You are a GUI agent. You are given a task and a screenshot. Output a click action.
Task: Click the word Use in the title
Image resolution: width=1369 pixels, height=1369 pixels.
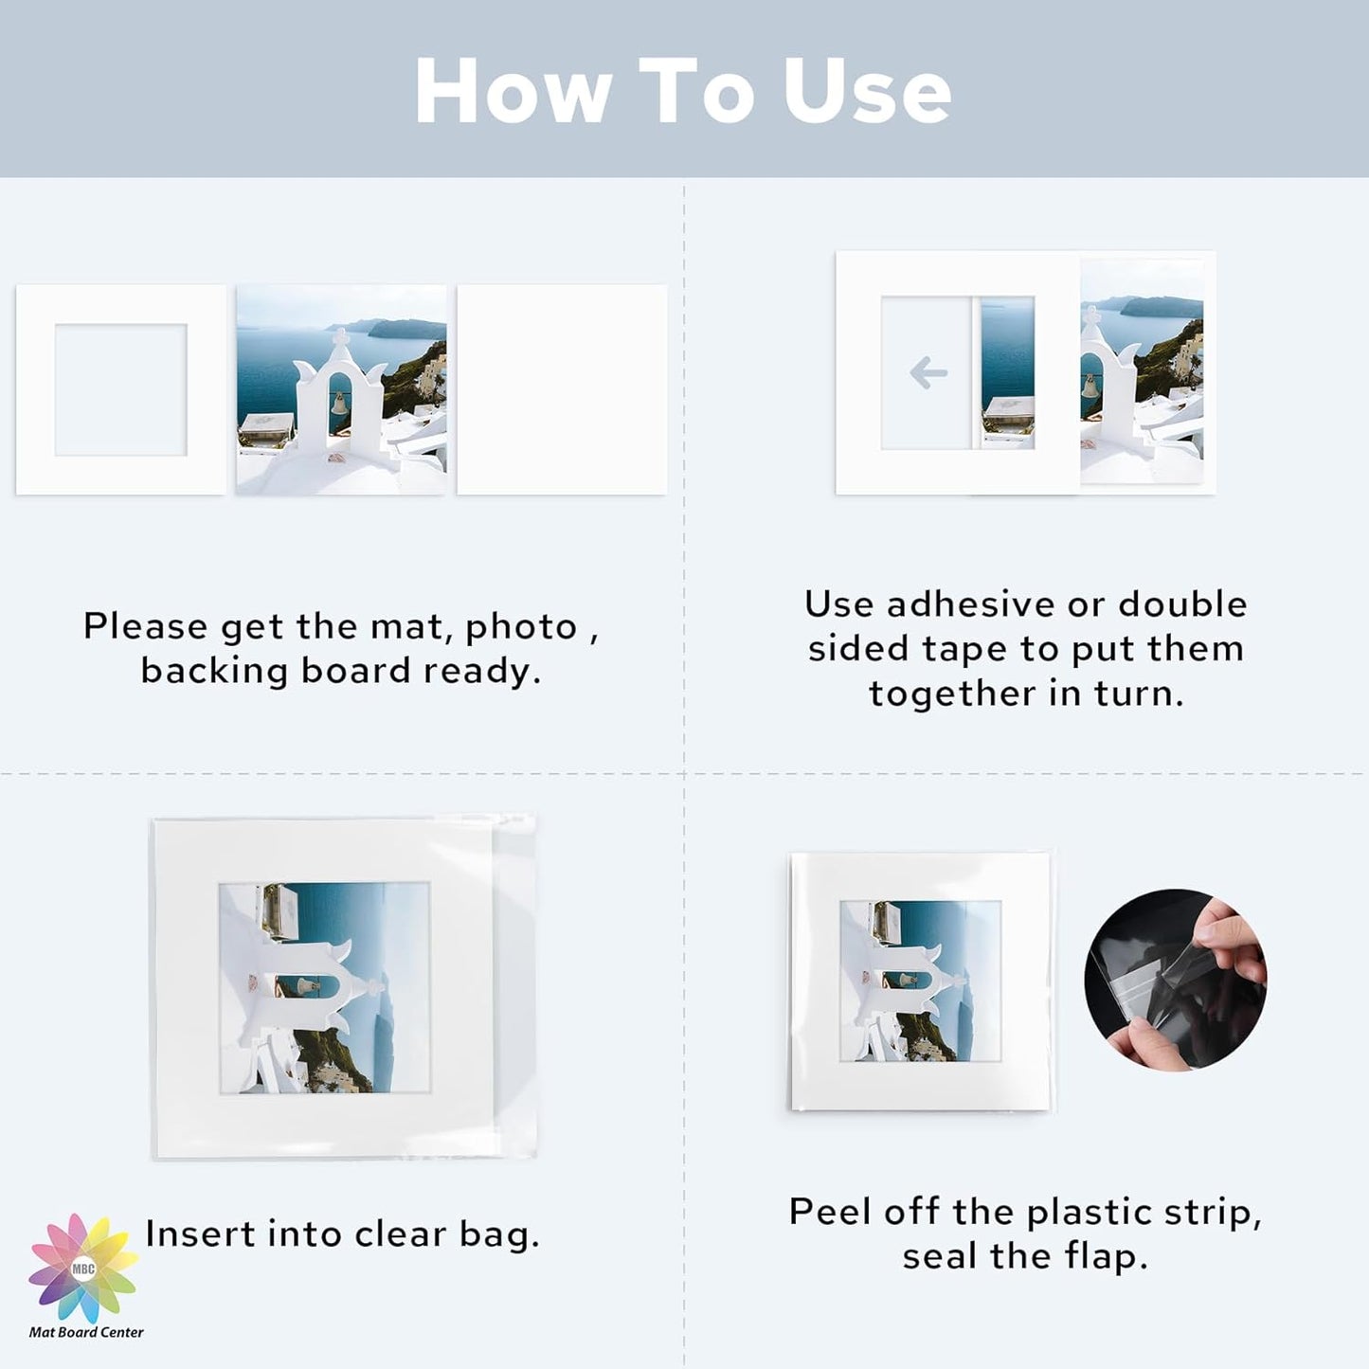click(x=866, y=91)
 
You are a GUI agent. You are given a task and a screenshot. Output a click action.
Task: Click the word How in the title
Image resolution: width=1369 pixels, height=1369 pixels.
click(x=513, y=91)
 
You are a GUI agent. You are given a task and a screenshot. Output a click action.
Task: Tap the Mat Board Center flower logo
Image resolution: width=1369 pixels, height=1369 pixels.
click(x=83, y=1268)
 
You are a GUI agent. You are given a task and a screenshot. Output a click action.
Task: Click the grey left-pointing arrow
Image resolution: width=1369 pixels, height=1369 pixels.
click(x=928, y=372)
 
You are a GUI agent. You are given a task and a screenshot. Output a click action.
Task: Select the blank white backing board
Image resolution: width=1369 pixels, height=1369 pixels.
click(x=562, y=389)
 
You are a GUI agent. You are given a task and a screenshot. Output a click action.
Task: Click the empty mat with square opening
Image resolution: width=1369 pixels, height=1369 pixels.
click(x=120, y=389)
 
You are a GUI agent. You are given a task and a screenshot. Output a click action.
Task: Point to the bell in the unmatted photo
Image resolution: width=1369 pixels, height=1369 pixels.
click(x=338, y=404)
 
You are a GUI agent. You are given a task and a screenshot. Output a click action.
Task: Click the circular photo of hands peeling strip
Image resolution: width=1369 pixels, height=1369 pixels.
click(x=1175, y=980)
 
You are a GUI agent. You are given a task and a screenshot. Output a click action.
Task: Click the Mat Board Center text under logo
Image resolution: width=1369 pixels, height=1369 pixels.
click(x=86, y=1332)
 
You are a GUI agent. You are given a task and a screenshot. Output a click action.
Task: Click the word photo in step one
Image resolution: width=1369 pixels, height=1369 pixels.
click(x=521, y=626)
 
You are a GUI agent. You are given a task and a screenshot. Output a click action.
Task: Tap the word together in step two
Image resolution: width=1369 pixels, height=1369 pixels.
click(x=952, y=694)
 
